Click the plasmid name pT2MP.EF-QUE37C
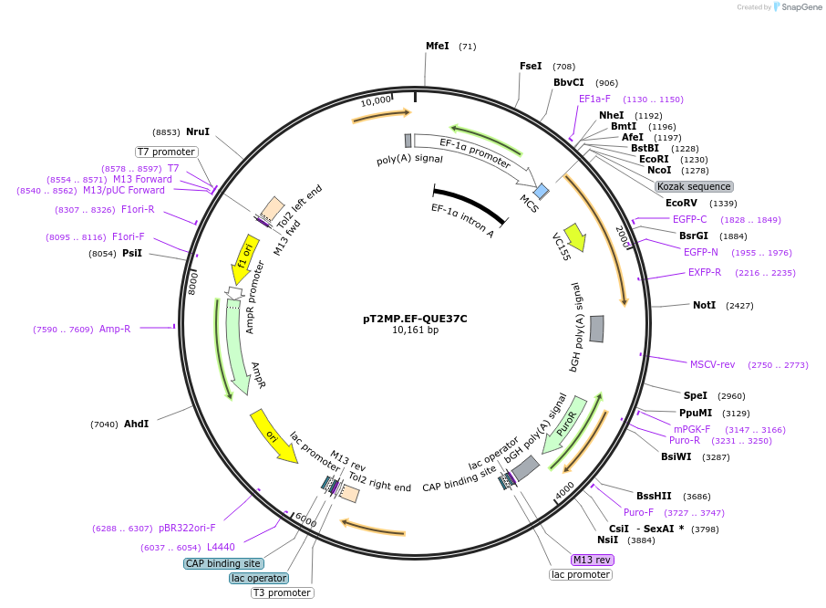coord(415,319)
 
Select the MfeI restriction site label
coord(438,46)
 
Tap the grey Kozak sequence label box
coord(694,186)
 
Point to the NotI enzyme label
coord(705,305)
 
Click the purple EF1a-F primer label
coord(594,99)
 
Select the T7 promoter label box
coord(166,152)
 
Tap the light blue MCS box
coord(542,191)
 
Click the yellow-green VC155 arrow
coord(573,238)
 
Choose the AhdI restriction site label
coord(136,424)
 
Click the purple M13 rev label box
coord(592,560)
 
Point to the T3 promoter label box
coord(282,592)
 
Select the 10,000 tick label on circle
coord(376,100)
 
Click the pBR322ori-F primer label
coord(187,528)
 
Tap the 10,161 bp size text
coord(415,330)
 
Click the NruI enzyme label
coord(197,131)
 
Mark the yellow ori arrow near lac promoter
coord(274,437)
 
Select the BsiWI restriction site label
coord(676,456)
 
